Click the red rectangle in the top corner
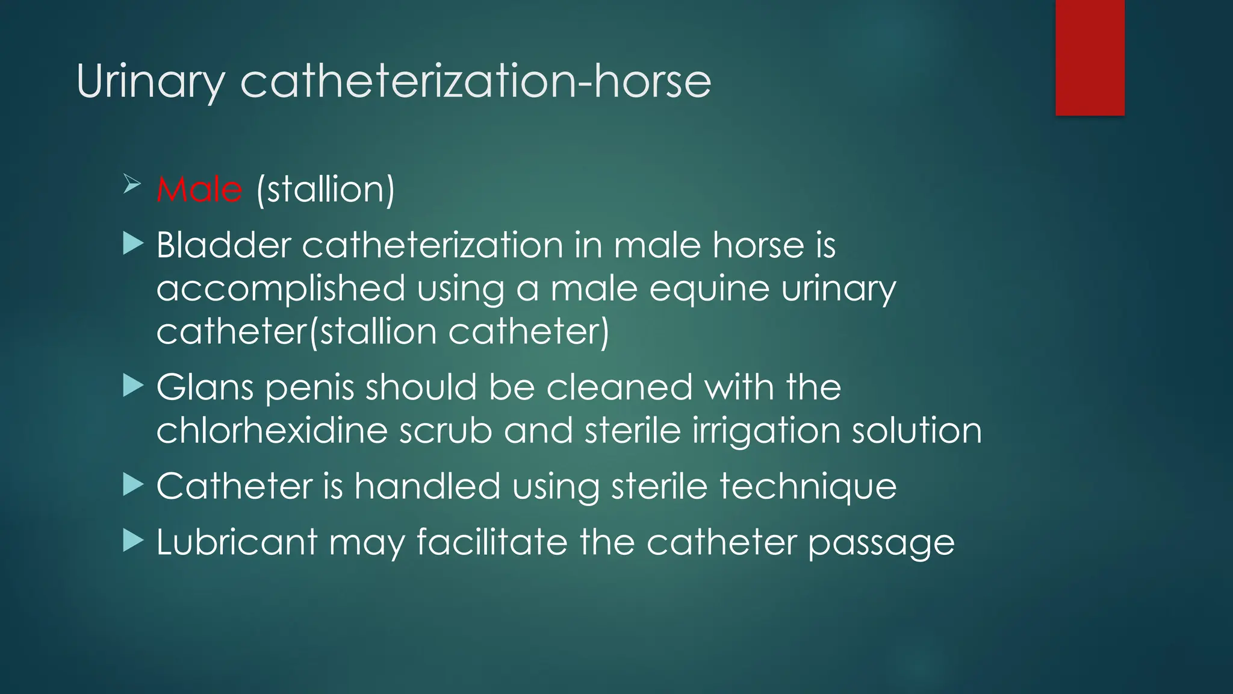coord(1090,58)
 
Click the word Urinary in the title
coord(151,81)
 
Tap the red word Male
coord(199,189)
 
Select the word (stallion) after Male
coord(325,189)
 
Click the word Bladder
coord(223,245)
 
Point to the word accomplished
coord(281,289)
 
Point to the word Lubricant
coord(237,542)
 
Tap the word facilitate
coord(492,542)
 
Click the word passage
coord(881,543)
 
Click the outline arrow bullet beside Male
coord(132,184)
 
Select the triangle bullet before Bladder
coord(133,244)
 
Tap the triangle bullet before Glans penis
coord(133,386)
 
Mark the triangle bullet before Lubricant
coord(133,540)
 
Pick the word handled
coord(427,486)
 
